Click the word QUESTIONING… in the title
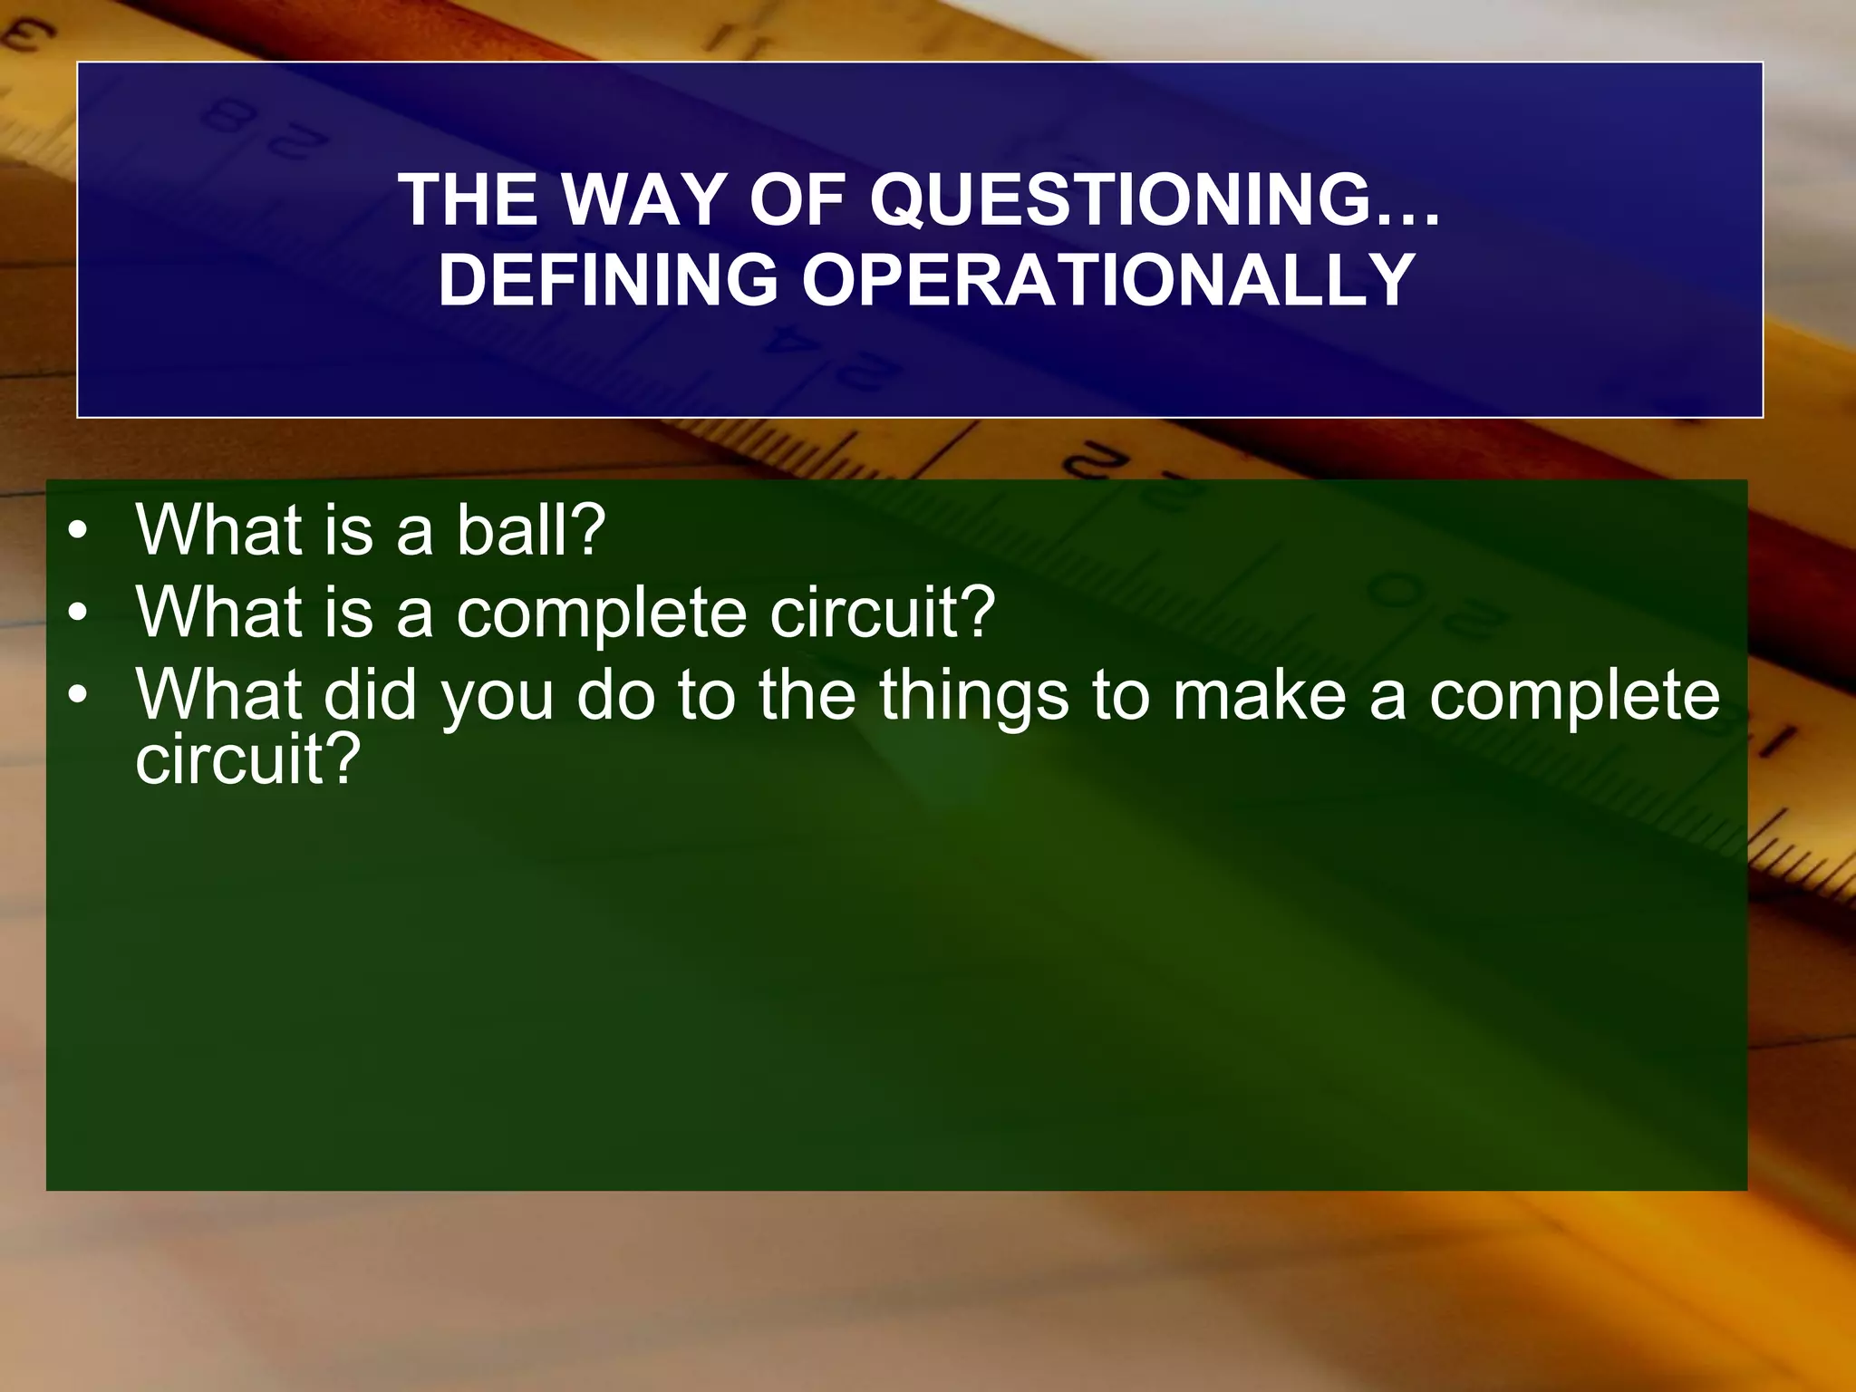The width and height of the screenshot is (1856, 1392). tap(1155, 199)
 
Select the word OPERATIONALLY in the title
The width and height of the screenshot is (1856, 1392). tap(1108, 280)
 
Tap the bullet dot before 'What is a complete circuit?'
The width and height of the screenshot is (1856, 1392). tap(79, 614)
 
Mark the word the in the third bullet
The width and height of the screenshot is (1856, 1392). tap(807, 695)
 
